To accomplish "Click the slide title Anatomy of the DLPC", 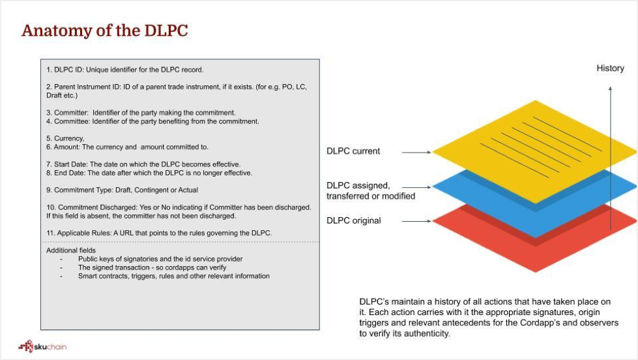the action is (104, 31).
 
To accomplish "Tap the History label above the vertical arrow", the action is (610, 68).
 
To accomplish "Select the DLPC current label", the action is (353, 151).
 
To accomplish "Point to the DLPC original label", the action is (354, 220).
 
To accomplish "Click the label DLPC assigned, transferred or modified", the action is (371, 190).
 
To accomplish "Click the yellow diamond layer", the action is (535, 151).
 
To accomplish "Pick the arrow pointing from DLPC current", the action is (416, 153).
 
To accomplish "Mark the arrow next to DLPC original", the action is (416, 221).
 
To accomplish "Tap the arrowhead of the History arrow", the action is (610, 88).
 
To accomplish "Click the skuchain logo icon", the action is (25, 346).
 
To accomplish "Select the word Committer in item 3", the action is (71, 113).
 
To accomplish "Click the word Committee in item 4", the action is (72, 121).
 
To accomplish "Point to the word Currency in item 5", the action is (69, 138).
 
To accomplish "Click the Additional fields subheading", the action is (71, 250).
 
